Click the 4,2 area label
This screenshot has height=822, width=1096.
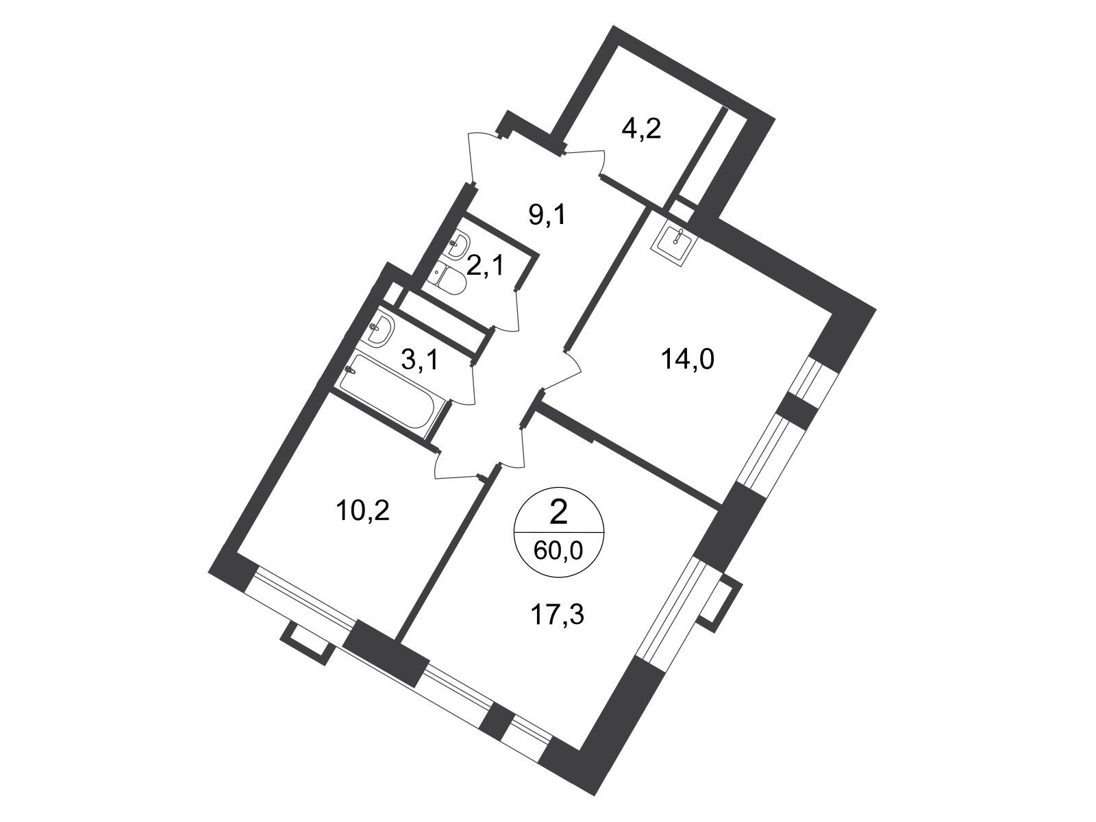point(641,130)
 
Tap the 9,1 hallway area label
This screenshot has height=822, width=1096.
point(547,216)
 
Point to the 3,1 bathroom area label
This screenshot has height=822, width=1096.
point(420,360)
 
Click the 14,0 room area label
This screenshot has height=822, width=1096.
point(688,359)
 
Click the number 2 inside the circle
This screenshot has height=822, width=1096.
point(558,513)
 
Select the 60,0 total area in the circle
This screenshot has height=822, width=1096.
point(558,551)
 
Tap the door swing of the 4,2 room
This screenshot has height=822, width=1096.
point(582,163)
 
